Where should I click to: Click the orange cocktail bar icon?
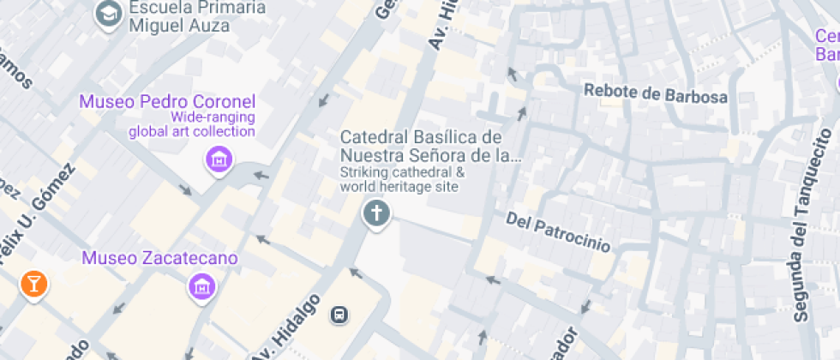pyautogui.click(x=33, y=285)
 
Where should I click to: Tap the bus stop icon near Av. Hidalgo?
pyautogui.click(x=340, y=315)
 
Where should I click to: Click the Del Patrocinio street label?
pyautogui.click(x=558, y=232)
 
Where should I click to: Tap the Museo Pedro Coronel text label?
pyautogui.click(x=167, y=101)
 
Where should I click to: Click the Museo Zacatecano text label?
pyautogui.click(x=160, y=258)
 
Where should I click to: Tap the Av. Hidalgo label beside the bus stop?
pyautogui.click(x=287, y=327)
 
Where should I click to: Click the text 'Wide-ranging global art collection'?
pyautogui.click(x=192, y=124)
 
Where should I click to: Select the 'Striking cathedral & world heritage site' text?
pyautogui.click(x=402, y=178)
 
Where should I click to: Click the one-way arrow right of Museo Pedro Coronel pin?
pyautogui.click(x=261, y=177)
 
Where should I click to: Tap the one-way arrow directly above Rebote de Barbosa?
pyautogui.click(x=513, y=75)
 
